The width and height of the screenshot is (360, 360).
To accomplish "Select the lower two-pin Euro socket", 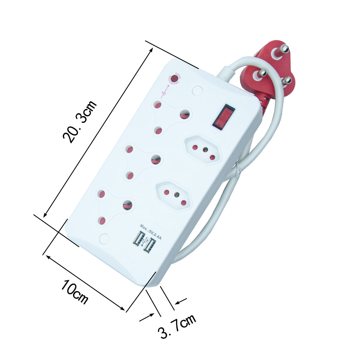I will (x=174, y=195).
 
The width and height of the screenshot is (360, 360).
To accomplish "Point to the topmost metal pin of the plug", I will (x=284, y=49).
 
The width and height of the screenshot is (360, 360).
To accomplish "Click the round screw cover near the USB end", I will (x=104, y=238).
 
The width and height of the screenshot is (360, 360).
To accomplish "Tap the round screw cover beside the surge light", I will (x=197, y=90).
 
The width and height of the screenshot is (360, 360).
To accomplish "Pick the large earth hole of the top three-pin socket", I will (x=185, y=114).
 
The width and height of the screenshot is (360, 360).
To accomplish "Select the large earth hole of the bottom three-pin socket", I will (x=127, y=205).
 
